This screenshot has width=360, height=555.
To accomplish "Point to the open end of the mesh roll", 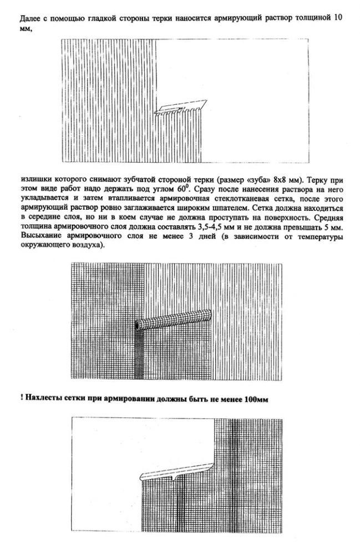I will point(138,325).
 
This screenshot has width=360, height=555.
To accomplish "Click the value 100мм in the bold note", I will point(257,398).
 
